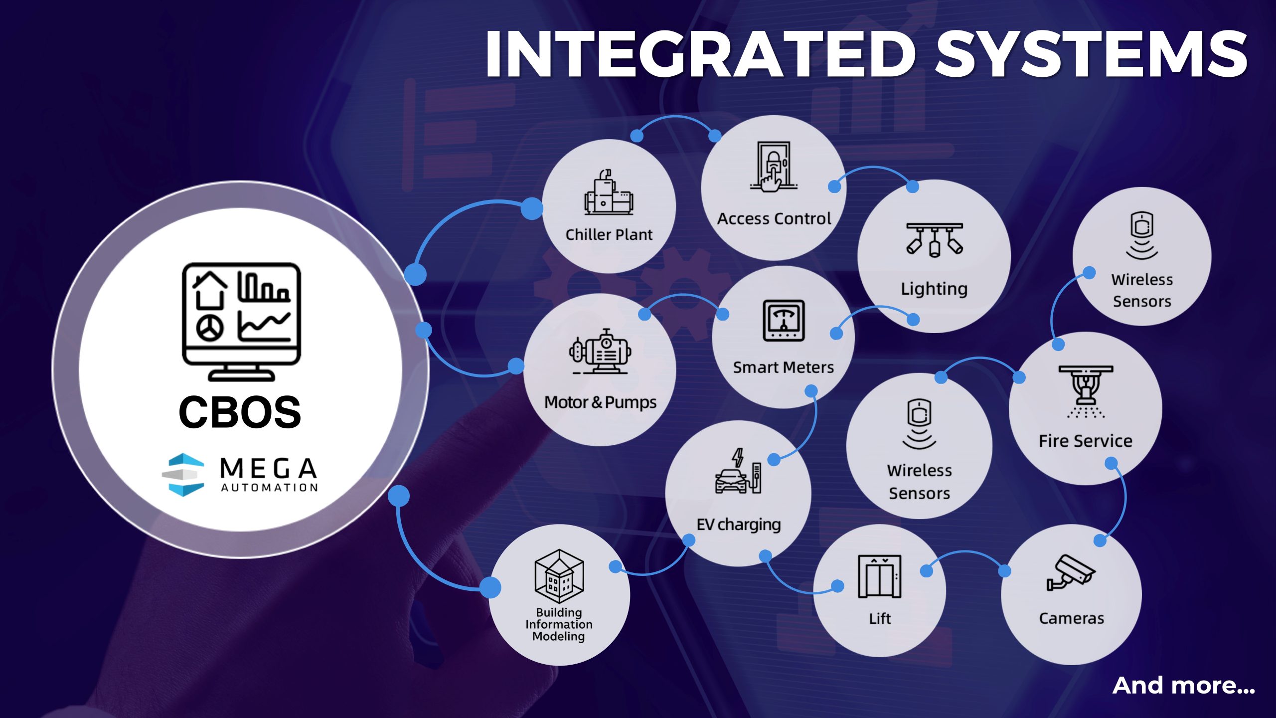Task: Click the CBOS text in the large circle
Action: (x=240, y=412)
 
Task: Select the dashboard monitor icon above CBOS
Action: (x=241, y=321)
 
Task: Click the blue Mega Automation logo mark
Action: (x=183, y=474)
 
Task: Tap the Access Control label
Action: (x=774, y=218)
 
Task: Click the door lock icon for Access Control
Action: (x=774, y=166)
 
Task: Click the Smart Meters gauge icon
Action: (x=784, y=321)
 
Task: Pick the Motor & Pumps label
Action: (x=600, y=402)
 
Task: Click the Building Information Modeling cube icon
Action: (x=559, y=576)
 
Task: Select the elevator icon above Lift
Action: (x=879, y=576)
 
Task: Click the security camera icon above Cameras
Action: (x=1071, y=573)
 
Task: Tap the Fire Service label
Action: (x=1086, y=441)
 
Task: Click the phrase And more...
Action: (x=1183, y=686)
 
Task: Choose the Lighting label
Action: (x=934, y=289)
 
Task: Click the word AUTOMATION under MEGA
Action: (x=269, y=487)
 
